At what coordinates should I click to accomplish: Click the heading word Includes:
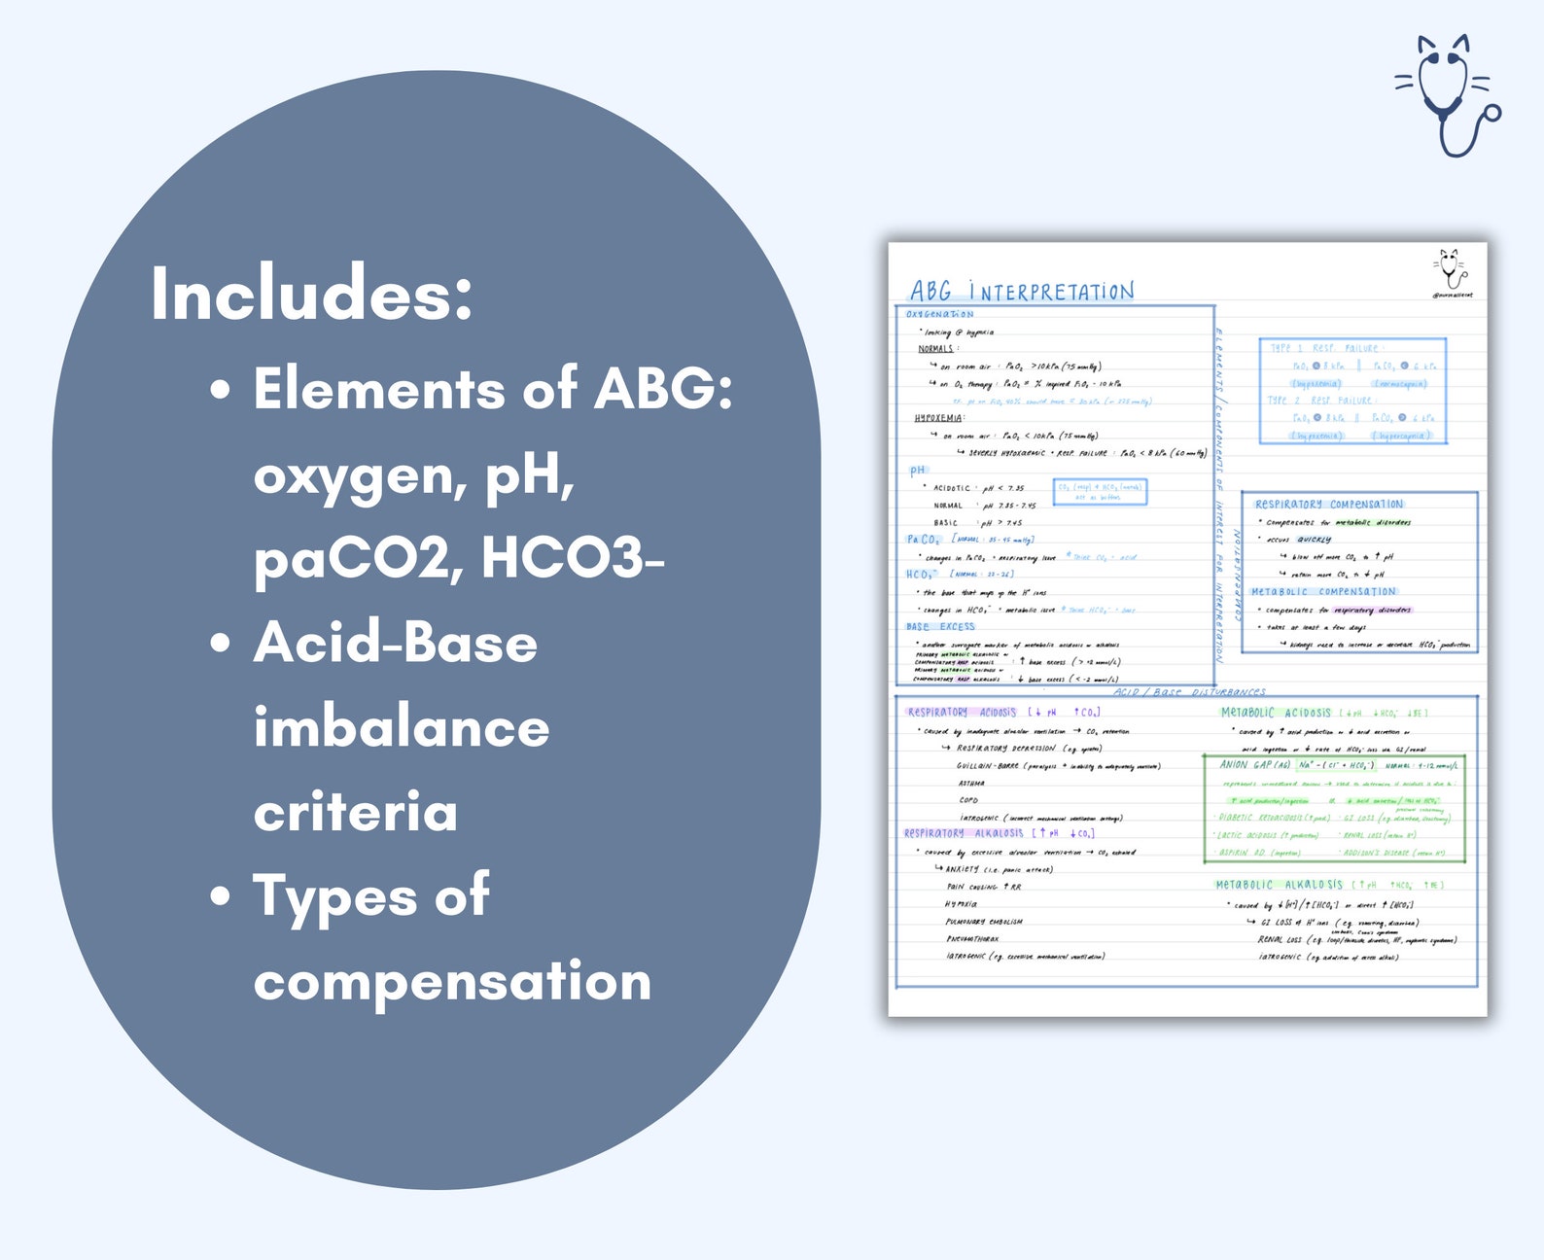click(311, 294)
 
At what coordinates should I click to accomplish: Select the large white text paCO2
click(359, 558)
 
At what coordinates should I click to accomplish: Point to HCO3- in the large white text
click(573, 558)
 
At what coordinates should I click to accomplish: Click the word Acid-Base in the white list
click(395, 643)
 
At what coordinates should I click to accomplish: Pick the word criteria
click(355, 812)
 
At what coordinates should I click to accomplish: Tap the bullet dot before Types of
click(221, 895)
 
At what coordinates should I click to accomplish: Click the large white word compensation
click(452, 981)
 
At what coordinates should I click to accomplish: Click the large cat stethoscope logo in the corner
click(1448, 94)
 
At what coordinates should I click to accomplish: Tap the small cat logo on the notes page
click(1451, 269)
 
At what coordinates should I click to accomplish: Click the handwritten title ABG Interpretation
click(1021, 291)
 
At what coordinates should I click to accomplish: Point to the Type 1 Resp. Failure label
click(1323, 348)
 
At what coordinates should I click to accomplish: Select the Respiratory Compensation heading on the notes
click(1328, 504)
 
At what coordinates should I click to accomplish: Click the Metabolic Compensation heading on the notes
click(1323, 591)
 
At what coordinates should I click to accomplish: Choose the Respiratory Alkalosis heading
click(963, 833)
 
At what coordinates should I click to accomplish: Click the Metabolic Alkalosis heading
click(1278, 885)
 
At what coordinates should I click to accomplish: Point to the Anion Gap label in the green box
click(1254, 765)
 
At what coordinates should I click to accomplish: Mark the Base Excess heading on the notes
click(939, 627)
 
